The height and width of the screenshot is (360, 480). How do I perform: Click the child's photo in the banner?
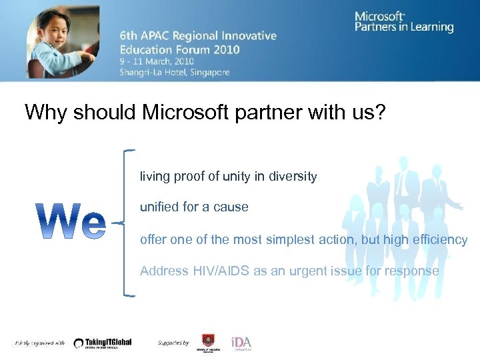[63, 41]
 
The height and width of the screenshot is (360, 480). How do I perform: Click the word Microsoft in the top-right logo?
[379, 17]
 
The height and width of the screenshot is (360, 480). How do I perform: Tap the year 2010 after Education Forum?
[226, 49]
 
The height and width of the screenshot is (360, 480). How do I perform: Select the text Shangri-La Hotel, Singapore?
[175, 72]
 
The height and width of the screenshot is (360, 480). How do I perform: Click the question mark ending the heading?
[379, 112]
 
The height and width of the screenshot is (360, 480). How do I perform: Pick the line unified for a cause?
[194, 207]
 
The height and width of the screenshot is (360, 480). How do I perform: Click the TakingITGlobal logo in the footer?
[103, 343]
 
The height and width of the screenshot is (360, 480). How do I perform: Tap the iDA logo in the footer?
[241, 342]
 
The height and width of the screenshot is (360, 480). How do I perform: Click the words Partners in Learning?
[404, 27]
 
